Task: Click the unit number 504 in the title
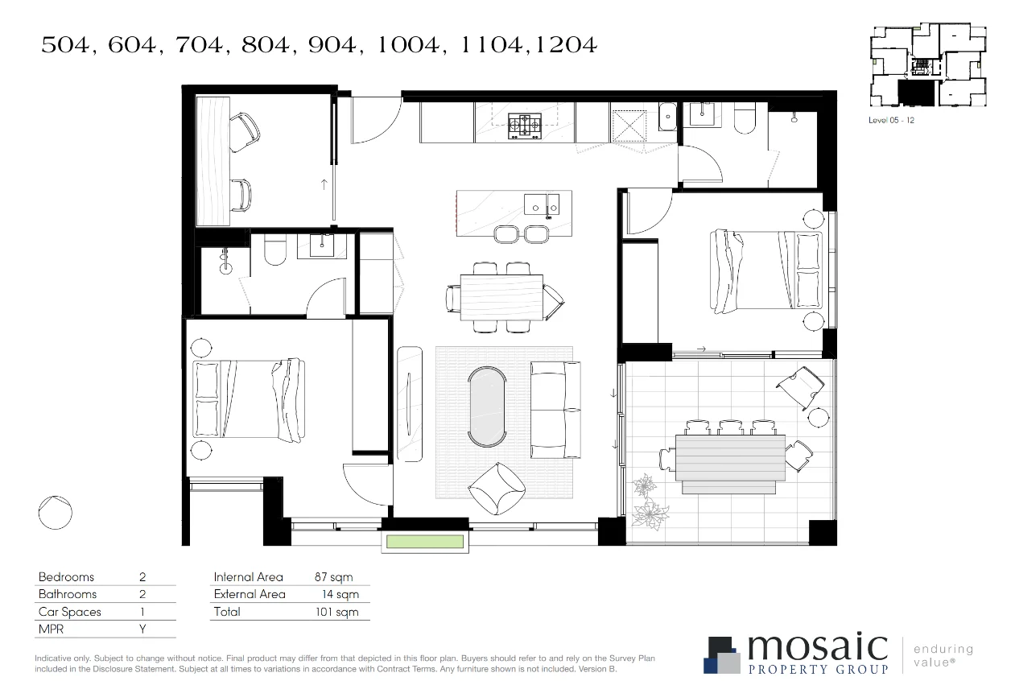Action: (x=67, y=46)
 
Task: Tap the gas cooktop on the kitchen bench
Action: (x=524, y=125)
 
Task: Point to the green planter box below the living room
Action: (x=425, y=542)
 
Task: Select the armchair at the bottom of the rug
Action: (x=496, y=488)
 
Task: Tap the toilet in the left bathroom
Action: (x=274, y=251)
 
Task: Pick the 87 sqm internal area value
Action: (x=333, y=577)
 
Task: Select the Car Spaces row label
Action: (x=70, y=612)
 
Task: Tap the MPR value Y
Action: (x=142, y=629)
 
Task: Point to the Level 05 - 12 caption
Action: (x=892, y=120)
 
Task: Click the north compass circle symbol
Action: (x=56, y=513)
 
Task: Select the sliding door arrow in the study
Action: (x=324, y=184)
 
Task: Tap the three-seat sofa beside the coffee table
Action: (x=555, y=410)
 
